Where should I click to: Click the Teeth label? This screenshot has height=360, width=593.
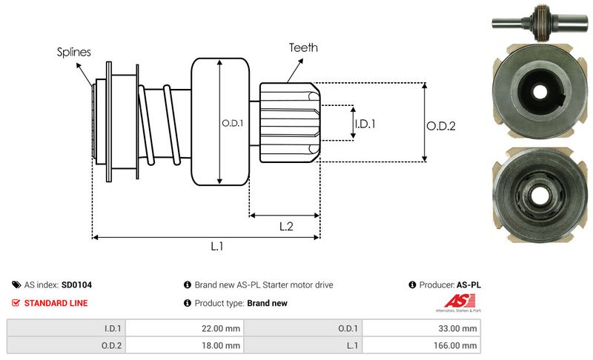[304, 47]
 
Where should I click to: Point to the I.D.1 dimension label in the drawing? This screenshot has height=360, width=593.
[365, 124]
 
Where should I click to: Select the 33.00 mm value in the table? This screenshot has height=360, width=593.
[459, 328]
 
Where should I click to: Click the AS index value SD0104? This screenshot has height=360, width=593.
[76, 284]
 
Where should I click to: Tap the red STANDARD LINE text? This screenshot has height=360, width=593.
[56, 303]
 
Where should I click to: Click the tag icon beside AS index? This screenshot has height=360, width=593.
[16, 284]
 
